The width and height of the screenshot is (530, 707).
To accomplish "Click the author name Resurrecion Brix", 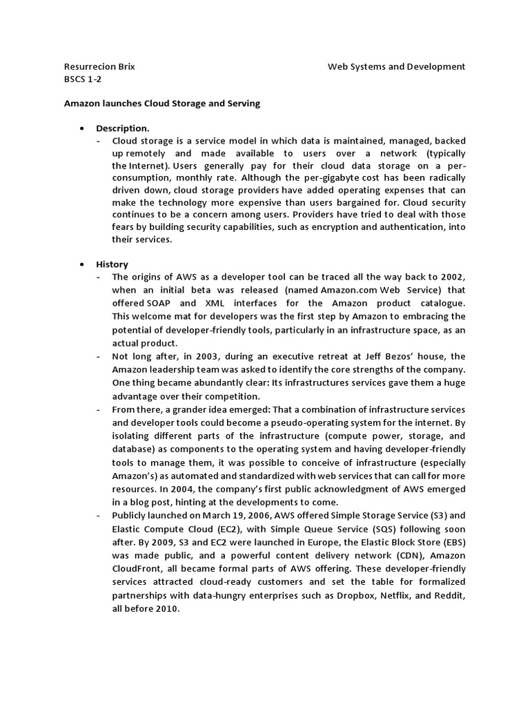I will (x=99, y=67).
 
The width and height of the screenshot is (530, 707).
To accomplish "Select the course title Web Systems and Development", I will (x=396, y=67).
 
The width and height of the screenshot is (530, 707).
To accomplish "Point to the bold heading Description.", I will (x=122, y=128).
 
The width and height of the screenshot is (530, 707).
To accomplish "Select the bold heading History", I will (x=112, y=264).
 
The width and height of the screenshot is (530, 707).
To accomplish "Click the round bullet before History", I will (x=82, y=264).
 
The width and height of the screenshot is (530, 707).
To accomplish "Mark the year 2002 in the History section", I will (x=451, y=278).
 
